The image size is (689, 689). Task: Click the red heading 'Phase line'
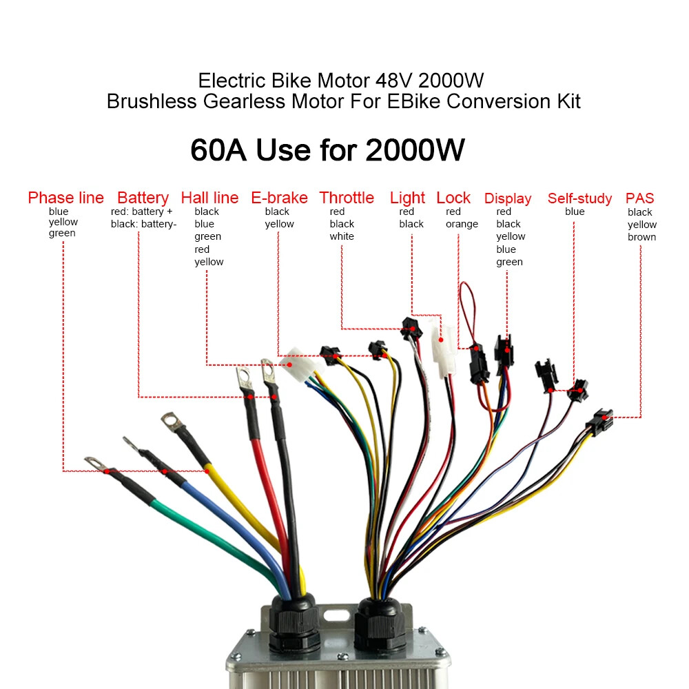(66, 198)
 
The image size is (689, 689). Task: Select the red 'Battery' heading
(143, 198)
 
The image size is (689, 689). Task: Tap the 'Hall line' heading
(209, 198)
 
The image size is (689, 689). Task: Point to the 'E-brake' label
(279, 198)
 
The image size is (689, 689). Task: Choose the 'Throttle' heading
(347, 198)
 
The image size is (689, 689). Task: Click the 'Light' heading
(407, 198)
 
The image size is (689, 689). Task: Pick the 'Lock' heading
(453, 198)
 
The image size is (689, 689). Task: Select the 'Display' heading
(508, 199)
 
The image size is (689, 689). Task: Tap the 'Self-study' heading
(579, 199)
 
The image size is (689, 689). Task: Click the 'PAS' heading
(640, 198)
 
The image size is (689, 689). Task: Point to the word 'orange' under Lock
(462, 224)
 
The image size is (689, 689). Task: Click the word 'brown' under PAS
(641, 237)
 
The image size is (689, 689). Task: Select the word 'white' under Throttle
(342, 236)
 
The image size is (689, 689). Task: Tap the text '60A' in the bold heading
(218, 150)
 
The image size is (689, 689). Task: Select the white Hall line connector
(297, 364)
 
